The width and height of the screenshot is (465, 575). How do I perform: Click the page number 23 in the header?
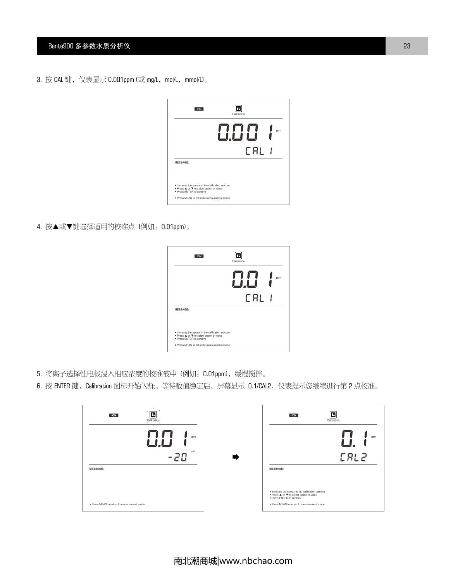[x=406, y=46]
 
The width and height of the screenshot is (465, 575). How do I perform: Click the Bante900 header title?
[x=89, y=46]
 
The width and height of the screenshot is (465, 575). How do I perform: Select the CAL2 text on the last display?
[x=353, y=458]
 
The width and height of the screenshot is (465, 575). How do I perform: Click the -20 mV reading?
[x=177, y=457]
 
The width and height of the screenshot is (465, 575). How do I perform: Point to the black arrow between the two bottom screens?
[x=236, y=457]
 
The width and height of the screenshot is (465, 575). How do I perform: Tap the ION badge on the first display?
[x=199, y=109]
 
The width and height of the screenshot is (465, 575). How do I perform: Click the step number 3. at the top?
[x=39, y=80]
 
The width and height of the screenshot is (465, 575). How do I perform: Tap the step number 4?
[x=39, y=227]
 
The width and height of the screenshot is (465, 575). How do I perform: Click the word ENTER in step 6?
[x=62, y=386]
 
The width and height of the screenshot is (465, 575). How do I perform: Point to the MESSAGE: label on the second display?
[x=182, y=310]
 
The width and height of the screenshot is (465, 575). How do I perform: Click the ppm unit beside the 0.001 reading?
[x=279, y=131]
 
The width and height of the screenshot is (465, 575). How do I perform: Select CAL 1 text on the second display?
[x=259, y=298]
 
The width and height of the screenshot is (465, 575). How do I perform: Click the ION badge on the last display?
[x=294, y=415]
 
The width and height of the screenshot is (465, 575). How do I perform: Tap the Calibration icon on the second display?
[x=238, y=256]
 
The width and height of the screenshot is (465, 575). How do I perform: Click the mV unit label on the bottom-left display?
[x=193, y=451]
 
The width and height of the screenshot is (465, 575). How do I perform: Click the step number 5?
[x=39, y=374]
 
